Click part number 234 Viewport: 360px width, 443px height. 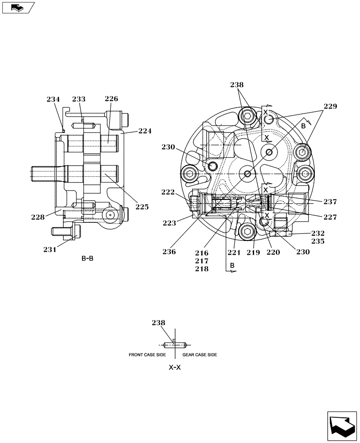coord(53,100)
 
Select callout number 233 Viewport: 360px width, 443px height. coord(79,100)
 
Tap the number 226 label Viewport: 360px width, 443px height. coord(111,99)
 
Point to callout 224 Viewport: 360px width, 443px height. coord(145,131)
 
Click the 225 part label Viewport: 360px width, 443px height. coord(142,206)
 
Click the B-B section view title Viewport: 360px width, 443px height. coord(87,258)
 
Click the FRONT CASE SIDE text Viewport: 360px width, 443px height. coord(148,355)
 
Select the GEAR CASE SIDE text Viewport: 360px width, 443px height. coord(200,355)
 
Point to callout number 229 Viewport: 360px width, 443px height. coord(330,106)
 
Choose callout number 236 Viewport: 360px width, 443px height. coord(169,252)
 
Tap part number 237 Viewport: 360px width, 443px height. coord(330,202)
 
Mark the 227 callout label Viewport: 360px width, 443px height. coord(330,217)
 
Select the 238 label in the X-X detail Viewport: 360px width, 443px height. coord(158,323)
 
